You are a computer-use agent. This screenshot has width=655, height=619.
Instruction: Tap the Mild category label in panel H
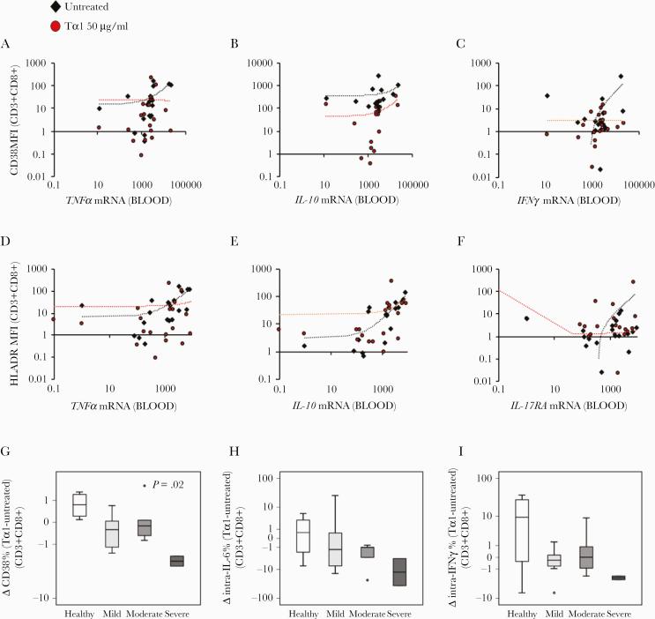(x=335, y=610)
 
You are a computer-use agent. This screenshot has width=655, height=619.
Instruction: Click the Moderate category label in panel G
(x=144, y=610)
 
